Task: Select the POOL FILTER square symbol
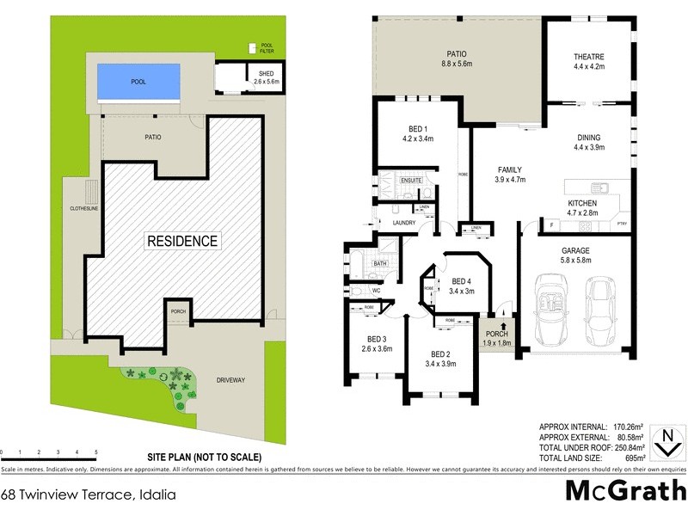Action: pos(252,47)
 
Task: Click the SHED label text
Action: pos(266,74)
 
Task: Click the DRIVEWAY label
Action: pos(233,378)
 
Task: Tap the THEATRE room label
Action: pos(589,58)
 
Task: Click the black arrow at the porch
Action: pos(491,326)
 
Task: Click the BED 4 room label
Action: pos(462,281)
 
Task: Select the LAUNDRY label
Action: pos(404,223)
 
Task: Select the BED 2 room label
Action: pos(439,355)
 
